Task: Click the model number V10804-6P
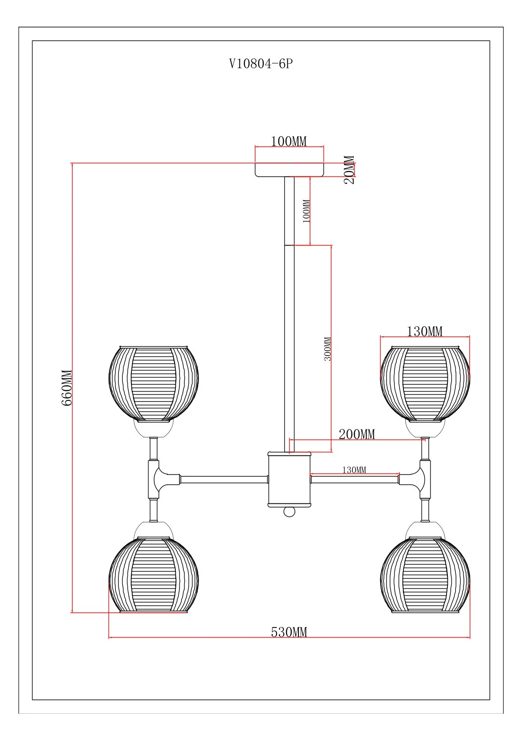(261, 64)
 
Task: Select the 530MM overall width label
(289, 632)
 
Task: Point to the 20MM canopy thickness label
(349, 170)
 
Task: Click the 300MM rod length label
(328, 349)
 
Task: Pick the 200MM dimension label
(357, 434)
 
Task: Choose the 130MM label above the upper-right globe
(425, 331)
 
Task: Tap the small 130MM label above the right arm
(354, 470)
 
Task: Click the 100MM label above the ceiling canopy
(289, 142)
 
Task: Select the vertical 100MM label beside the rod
(307, 211)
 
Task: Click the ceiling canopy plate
(289, 170)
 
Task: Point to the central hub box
(289, 480)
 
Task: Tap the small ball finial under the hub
(289, 512)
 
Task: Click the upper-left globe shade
(153, 383)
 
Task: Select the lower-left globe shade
(153, 574)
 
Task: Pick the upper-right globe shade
(425, 383)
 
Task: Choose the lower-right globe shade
(425, 574)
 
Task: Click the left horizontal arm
(224, 479)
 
